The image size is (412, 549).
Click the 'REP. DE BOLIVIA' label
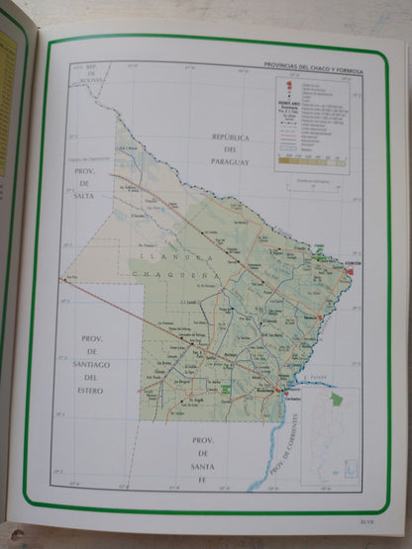pos(94,71)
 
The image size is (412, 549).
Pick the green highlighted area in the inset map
pos(336,400)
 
